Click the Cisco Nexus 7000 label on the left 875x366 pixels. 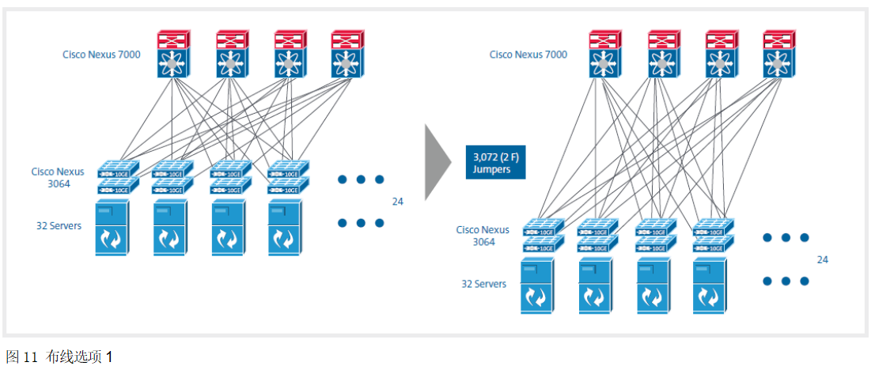click(102, 55)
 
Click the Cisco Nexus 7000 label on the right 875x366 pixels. click(528, 55)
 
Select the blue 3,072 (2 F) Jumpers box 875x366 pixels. click(494, 162)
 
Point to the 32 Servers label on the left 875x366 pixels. click(59, 226)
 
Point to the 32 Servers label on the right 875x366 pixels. click(483, 284)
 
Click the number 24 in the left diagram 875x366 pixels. click(398, 202)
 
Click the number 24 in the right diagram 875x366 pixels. click(823, 259)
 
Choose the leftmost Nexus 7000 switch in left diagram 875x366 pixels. click(171, 54)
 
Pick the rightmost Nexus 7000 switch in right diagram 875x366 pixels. click(779, 54)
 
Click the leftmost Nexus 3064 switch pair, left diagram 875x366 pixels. click(118, 177)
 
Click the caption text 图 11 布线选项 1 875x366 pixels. click(59, 357)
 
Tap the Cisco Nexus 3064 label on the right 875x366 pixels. click(483, 236)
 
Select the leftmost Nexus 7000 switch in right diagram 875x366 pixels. click(605, 54)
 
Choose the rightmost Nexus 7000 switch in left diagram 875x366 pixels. click(346, 54)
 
